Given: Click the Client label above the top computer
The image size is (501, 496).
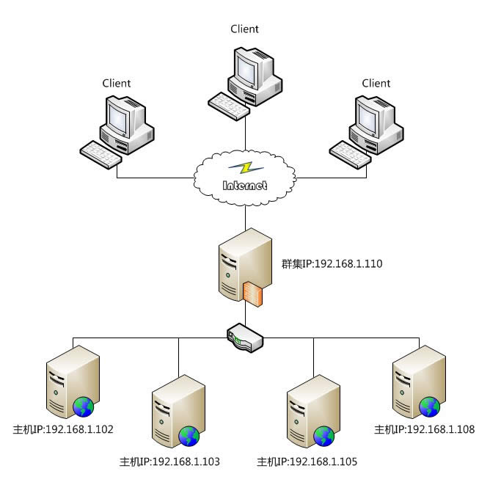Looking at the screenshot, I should pyautogui.click(x=244, y=29).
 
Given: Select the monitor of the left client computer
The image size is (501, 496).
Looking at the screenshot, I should pyautogui.click(x=120, y=117).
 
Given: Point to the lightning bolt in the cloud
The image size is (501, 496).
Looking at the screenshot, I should pyautogui.click(x=246, y=168).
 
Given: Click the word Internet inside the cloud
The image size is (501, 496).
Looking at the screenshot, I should pyautogui.click(x=245, y=185).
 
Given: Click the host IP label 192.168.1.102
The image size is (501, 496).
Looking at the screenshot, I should pyautogui.click(x=63, y=429).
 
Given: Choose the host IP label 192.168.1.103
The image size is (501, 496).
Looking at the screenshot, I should pyautogui.click(x=169, y=462).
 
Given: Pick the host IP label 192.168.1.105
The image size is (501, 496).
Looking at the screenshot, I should pyautogui.click(x=306, y=462).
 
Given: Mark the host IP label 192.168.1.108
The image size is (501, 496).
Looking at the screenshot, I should pyautogui.click(x=425, y=429).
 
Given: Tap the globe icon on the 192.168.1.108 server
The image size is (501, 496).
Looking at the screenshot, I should pyautogui.click(x=429, y=405).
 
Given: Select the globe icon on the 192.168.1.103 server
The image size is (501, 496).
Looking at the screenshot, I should pyautogui.click(x=190, y=437).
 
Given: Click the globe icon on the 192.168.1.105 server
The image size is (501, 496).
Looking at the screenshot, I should pyautogui.click(x=323, y=437).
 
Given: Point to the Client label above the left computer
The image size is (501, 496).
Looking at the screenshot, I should pyautogui.click(x=117, y=84).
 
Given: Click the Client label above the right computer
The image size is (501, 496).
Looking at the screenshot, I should pyautogui.click(x=376, y=84).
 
